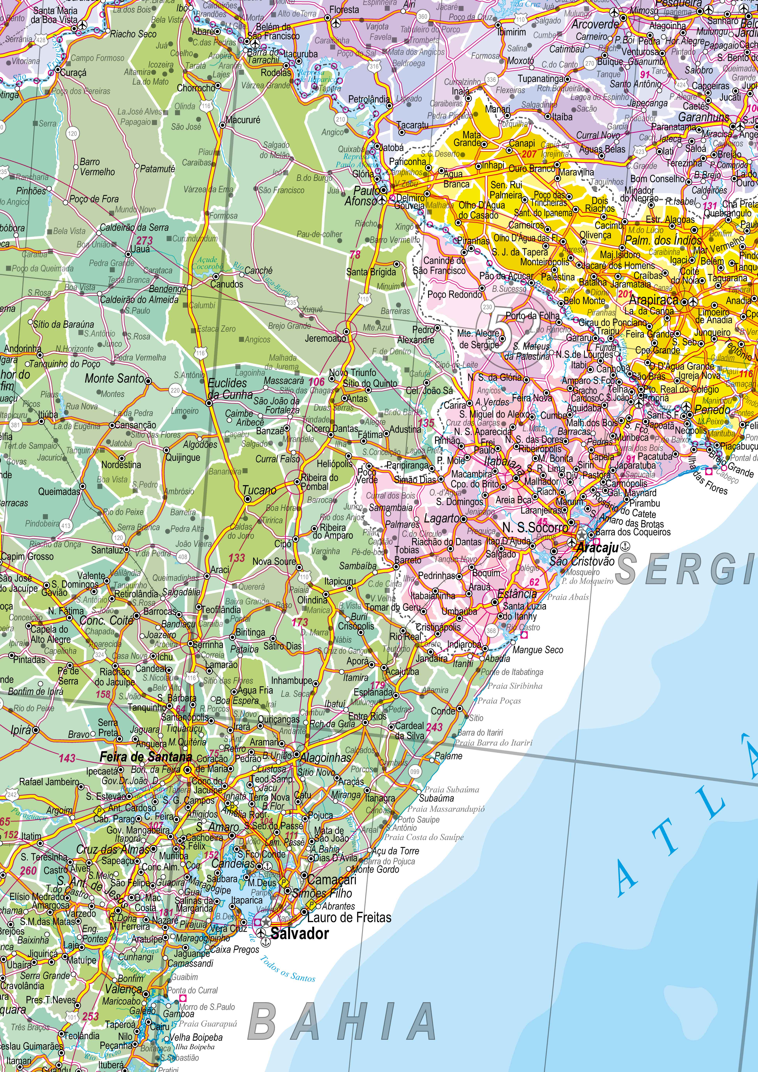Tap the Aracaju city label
coord(597,548)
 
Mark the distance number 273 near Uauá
coord(144,241)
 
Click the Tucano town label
coord(259,490)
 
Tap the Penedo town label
coord(712,410)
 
